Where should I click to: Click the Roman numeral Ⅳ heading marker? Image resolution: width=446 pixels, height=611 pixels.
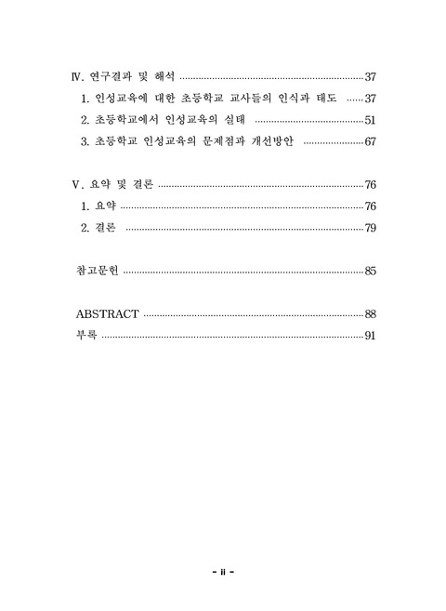coord(78,77)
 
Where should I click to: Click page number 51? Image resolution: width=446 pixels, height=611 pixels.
coord(369,121)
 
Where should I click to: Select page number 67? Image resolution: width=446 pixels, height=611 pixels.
coord(369,142)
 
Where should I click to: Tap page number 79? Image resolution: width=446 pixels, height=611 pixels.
coord(369,228)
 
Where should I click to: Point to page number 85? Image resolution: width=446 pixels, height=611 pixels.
coord(369,272)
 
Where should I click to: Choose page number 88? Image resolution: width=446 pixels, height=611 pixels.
coord(369,314)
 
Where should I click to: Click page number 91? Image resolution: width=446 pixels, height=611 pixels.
coord(369,336)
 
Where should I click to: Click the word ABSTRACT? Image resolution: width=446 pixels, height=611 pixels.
coord(108,314)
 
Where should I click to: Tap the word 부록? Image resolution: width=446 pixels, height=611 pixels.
coord(85,336)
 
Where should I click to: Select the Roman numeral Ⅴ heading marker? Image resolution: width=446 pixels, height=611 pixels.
coord(77,185)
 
